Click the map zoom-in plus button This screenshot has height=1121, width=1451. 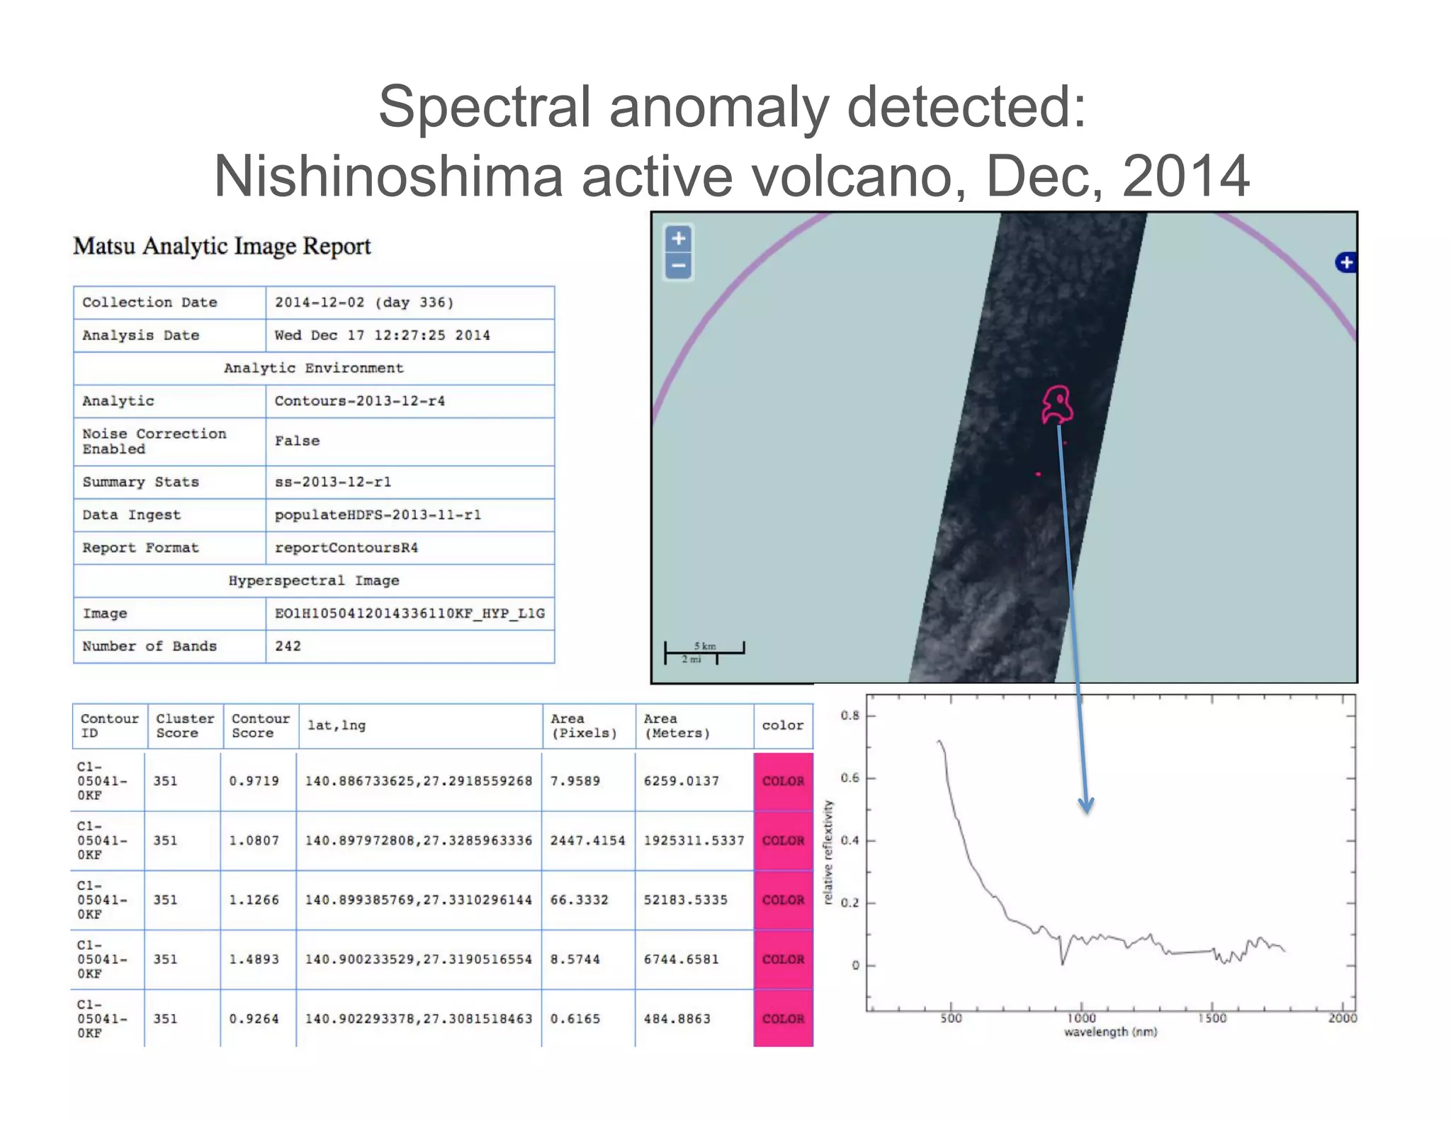(x=678, y=239)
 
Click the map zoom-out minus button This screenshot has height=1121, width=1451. (x=678, y=266)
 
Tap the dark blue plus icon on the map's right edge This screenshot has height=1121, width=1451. (x=1345, y=262)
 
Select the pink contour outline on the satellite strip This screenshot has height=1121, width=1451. (x=1056, y=405)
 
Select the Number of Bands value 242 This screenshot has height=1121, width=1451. (x=288, y=646)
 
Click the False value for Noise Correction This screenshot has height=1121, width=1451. (x=297, y=441)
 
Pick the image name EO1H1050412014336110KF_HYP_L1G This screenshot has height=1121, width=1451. (x=410, y=614)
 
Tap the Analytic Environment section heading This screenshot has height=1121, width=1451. (x=313, y=368)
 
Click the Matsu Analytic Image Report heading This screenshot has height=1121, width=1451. (x=222, y=247)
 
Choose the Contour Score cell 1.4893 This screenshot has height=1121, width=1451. (x=254, y=959)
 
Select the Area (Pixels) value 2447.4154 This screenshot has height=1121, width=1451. (x=587, y=840)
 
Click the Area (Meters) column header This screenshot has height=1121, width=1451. (x=677, y=726)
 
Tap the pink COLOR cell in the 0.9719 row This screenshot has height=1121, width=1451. (x=783, y=781)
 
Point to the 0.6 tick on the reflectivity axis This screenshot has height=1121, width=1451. (x=849, y=778)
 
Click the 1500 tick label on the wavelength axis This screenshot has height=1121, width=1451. (x=1212, y=1018)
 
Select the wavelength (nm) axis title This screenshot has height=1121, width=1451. (x=1110, y=1032)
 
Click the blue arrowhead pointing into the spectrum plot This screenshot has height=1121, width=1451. (x=1086, y=806)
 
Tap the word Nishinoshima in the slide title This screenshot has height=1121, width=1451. (x=388, y=176)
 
